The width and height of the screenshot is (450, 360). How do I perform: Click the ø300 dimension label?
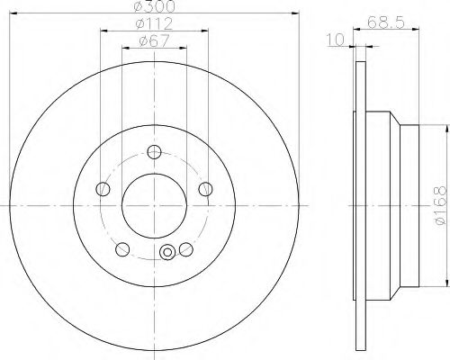[154, 6]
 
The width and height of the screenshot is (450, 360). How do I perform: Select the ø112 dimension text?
[154, 23]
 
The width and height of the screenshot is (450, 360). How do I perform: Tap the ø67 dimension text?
[154, 40]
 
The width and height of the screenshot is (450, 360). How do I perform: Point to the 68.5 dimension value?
[386, 22]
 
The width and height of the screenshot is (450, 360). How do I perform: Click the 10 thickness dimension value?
[336, 40]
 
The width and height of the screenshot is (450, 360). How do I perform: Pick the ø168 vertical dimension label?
[440, 205]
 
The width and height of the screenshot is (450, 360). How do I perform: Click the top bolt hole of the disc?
[154, 152]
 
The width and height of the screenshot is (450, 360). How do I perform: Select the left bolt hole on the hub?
[103, 189]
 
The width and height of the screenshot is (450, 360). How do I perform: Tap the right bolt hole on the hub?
[206, 189]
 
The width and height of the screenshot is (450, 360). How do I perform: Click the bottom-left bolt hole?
[122, 249]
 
